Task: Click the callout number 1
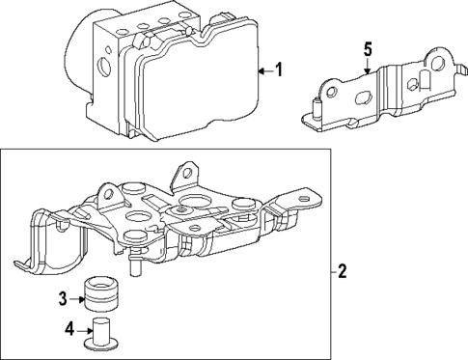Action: click(279, 70)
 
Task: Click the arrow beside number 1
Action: click(263, 70)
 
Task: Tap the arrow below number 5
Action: click(367, 66)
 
